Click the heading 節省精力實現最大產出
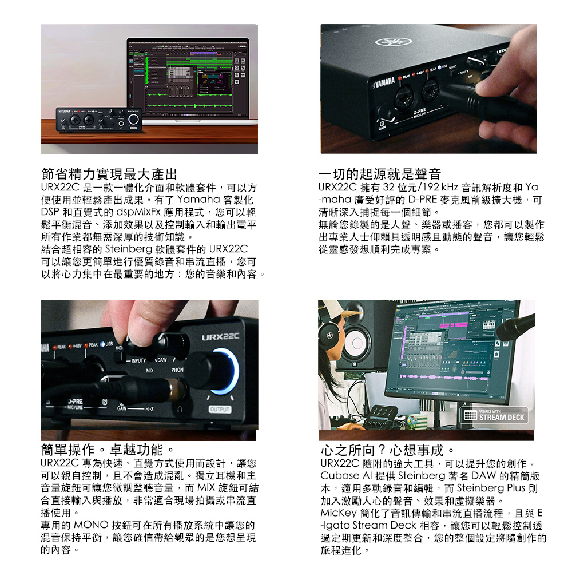pos(109,174)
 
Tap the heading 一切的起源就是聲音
pos(380,174)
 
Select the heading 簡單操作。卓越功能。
pos(108,450)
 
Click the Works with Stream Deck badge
pos(494,415)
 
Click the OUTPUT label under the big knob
pos(220,410)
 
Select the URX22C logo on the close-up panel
pos(220,336)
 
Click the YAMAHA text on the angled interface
pos(384,82)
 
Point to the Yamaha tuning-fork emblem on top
pos(391,42)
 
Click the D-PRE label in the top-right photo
pos(419,112)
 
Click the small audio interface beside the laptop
pos(99,120)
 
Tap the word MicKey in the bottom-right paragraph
pos(339,513)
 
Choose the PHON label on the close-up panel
pos(177,370)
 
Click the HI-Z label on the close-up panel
pos(149,410)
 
